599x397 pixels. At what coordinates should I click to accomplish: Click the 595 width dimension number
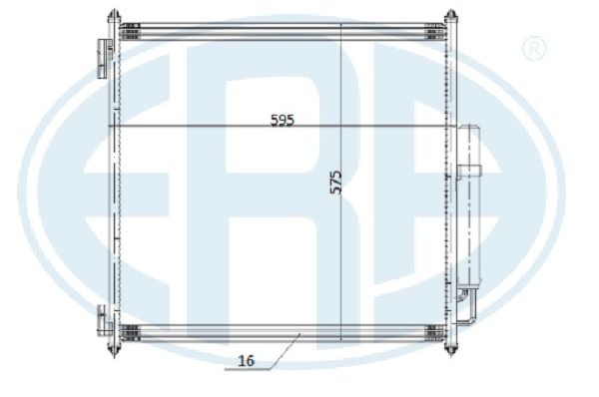[x=283, y=121]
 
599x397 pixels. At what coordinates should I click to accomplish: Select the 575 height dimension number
[x=335, y=183]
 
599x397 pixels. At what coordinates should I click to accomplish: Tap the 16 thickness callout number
[x=246, y=361]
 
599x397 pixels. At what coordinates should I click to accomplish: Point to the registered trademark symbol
[x=533, y=48]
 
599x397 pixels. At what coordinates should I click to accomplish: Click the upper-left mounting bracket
[x=104, y=59]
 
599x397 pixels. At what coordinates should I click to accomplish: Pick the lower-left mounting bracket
[x=104, y=320]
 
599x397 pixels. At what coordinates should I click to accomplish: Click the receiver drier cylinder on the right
[x=469, y=205]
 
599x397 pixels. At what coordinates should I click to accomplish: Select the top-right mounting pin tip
[x=451, y=10]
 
